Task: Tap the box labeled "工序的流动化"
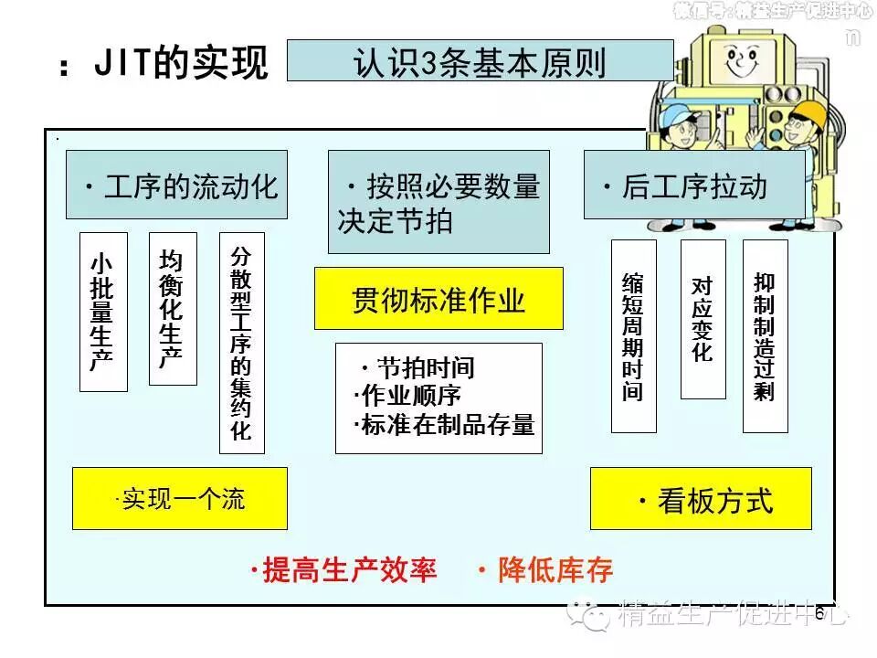click(x=176, y=185)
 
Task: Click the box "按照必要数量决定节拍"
click(x=438, y=202)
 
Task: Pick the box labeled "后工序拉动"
click(x=694, y=185)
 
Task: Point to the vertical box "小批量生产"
click(x=103, y=312)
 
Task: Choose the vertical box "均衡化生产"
click(x=172, y=308)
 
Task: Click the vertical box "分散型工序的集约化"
click(x=241, y=342)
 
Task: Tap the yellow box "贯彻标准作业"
click(x=438, y=298)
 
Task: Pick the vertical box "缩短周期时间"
click(x=633, y=335)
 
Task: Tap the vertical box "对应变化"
click(x=703, y=319)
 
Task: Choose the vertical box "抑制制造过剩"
click(x=765, y=335)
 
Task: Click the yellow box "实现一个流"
click(x=180, y=498)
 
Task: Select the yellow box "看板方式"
click(x=701, y=499)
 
